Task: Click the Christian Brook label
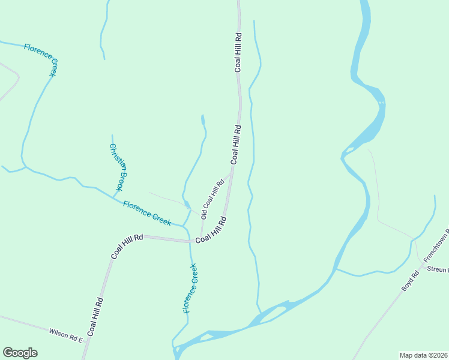tap(119, 167)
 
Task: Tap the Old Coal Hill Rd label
tap(212, 199)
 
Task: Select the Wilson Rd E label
tap(65, 335)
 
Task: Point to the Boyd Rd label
tap(411, 281)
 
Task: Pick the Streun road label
tap(438, 270)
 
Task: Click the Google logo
tap(20, 353)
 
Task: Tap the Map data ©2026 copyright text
tap(423, 355)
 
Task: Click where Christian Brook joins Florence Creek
tap(113, 197)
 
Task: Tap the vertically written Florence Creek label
tap(190, 288)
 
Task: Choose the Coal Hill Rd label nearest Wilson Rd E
tap(95, 317)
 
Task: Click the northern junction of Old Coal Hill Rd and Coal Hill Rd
tap(232, 169)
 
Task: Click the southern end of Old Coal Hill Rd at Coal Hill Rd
tap(200, 239)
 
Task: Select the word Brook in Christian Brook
tap(122, 178)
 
